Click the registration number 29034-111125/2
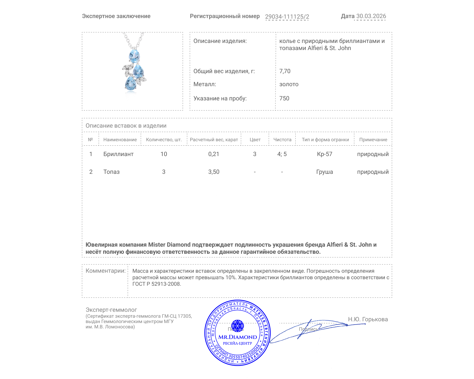pos(287,17)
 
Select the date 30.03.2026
pos(371,16)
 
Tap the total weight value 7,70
pos(285,71)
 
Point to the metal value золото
pos(289,84)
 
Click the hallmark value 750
pos(284,98)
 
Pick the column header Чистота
pos(282,139)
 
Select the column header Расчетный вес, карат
pos(214,139)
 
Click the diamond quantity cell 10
pos(164,154)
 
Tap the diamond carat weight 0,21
pos(214,154)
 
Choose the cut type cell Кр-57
pos(324,154)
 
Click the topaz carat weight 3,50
pos(214,172)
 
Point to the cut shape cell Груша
pos(324,172)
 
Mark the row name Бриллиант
pos(118,154)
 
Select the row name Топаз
pos(111,172)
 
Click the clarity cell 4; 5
pos(282,154)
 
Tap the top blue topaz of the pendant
pos(134,56)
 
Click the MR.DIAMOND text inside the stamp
pos(238,337)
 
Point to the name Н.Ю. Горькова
pos(368,319)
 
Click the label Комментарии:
pos(105,271)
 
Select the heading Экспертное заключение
pos(116,16)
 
